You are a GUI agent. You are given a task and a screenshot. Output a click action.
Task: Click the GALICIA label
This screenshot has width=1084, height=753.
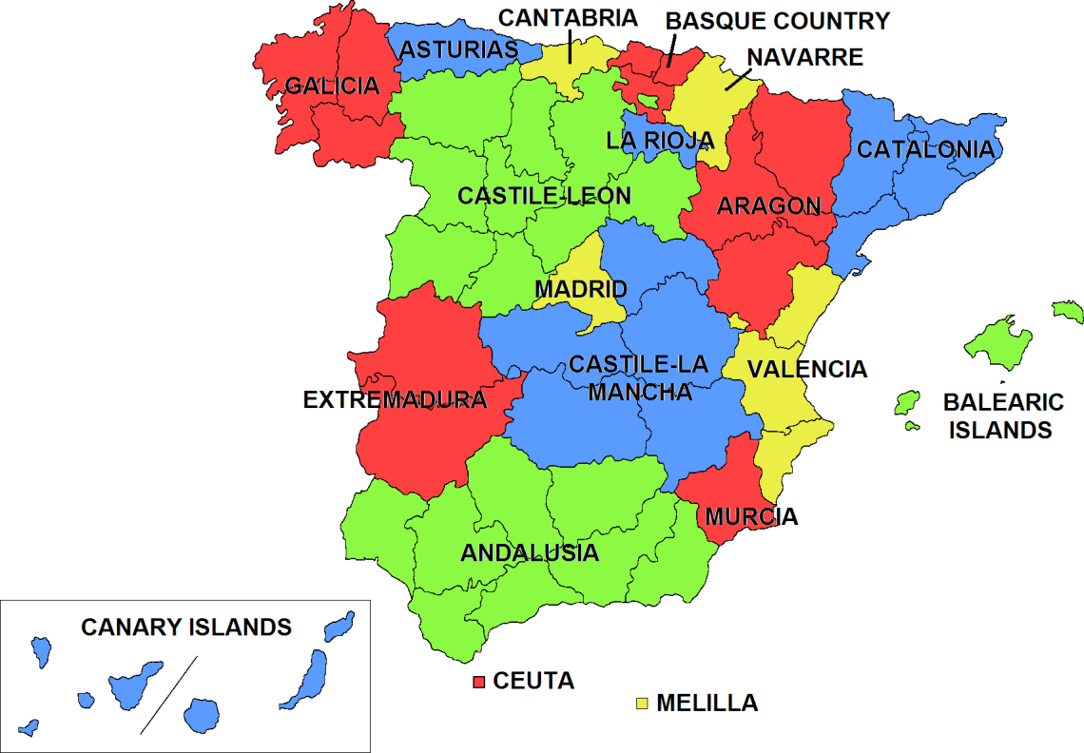click(x=332, y=87)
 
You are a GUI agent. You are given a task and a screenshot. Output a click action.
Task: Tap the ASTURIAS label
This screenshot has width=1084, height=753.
click(x=458, y=49)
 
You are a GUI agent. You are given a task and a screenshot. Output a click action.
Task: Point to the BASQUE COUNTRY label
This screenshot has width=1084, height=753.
click(x=777, y=21)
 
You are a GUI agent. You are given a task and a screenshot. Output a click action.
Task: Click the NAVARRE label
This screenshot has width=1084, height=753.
click(x=804, y=57)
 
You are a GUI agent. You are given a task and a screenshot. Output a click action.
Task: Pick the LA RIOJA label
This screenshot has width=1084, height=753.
click(x=659, y=141)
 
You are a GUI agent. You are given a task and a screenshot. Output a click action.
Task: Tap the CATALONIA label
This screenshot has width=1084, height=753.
click(x=925, y=149)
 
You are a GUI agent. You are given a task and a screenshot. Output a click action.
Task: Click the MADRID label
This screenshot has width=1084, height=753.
click(x=580, y=288)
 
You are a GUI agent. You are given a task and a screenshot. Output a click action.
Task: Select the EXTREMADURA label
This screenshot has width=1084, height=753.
click(x=395, y=400)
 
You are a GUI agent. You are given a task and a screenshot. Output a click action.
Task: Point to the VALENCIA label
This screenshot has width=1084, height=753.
click(x=806, y=369)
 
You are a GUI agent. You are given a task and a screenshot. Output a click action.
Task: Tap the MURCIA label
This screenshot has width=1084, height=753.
click(x=751, y=517)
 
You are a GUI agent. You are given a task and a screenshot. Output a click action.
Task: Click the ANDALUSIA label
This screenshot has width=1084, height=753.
click(x=530, y=552)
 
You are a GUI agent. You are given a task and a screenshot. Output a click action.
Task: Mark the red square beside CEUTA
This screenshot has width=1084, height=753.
click(x=479, y=682)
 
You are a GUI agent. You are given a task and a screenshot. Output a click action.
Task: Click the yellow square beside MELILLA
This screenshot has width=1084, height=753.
click(x=643, y=704)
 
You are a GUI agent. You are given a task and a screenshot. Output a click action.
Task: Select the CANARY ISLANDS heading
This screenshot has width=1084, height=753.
click(x=186, y=627)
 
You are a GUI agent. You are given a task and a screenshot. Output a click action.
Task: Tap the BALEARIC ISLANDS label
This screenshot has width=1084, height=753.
click(x=1002, y=415)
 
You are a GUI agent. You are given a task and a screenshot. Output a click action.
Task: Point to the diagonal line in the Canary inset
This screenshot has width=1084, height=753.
click(x=169, y=695)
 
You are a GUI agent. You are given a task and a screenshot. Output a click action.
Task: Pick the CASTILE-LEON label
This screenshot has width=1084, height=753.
click(x=544, y=196)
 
